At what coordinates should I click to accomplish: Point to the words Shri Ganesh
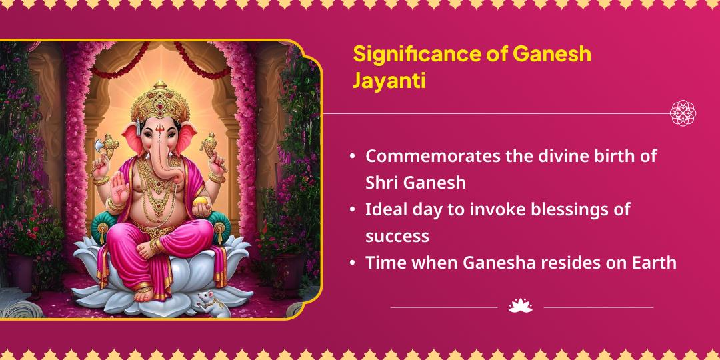click(x=415, y=183)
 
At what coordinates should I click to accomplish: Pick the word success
click(x=397, y=236)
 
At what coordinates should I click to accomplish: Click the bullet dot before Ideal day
click(x=352, y=210)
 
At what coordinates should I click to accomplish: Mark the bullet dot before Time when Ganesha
click(x=352, y=263)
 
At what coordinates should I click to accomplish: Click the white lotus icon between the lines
click(x=520, y=306)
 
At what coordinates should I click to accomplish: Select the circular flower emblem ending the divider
click(x=683, y=113)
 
